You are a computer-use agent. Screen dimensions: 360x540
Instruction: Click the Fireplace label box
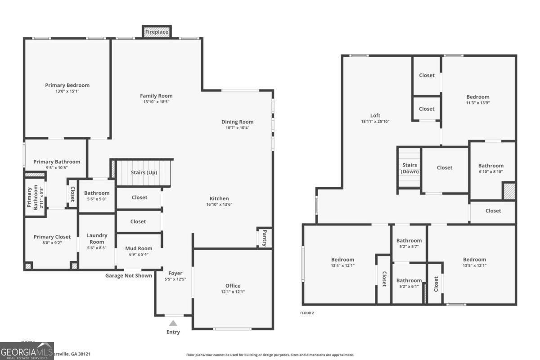click(x=157, y=32)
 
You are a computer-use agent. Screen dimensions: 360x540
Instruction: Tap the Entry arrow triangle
click(x=173, y=323)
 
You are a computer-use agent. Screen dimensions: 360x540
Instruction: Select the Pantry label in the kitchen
click(x=265, y=238)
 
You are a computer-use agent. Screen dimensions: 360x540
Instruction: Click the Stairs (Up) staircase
click(x=144, y=173)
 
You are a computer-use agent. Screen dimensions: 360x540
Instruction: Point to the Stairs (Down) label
click(x=409, y=168)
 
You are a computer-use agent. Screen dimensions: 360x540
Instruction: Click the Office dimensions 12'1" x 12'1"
click(x=233, y=292)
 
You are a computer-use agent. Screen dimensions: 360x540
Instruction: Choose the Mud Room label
click(x=139, y=248)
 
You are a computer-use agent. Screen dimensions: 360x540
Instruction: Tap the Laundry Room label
click(x=97, y=238)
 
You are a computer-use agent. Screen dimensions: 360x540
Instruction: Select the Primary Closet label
click(x=52, y=237)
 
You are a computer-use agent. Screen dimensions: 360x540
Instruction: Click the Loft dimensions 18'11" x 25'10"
click(x=375, y=121)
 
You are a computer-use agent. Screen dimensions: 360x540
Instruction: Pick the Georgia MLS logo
click(x=27, y=351)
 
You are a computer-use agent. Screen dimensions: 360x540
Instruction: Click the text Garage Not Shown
click(x=128, y=275)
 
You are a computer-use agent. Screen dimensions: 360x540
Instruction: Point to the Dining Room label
click(x=237, y=122)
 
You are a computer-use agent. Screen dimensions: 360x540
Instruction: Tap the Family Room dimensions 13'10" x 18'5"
click(x=156, y=102)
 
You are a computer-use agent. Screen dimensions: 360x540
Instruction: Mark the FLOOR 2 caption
click(x=307, y=313)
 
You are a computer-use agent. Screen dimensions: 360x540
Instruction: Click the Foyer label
click(x=175, y=273)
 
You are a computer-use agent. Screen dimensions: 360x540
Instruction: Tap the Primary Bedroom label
click(x=67, y=85)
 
